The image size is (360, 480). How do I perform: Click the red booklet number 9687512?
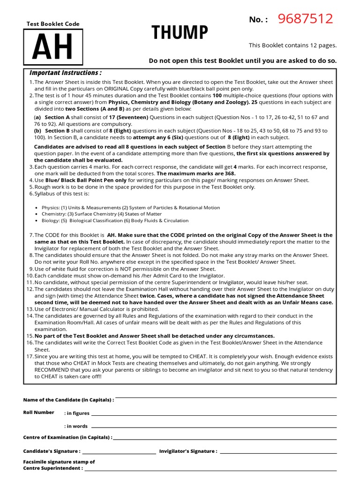[305, 19]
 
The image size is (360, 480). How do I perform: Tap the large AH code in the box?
[52, 47]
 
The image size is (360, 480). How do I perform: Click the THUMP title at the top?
[180, 33]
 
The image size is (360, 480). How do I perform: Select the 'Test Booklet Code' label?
[53, 24]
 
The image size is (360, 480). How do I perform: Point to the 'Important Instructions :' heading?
[66, 73]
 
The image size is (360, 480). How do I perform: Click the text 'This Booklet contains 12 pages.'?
[292, 45]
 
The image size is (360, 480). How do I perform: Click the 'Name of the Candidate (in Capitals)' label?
[68, 400]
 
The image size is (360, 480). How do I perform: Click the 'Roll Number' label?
[38, 412]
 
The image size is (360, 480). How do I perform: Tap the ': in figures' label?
[76, 413]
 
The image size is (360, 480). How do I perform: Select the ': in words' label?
[75, 426]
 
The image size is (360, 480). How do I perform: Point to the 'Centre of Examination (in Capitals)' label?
[67, 437]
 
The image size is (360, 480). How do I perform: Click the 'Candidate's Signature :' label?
[52, 451]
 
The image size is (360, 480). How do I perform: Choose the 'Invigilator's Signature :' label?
[188, 451]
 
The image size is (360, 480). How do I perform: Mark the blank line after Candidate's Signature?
[119, 453]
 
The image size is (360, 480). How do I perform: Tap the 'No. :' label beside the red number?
[258, 20]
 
